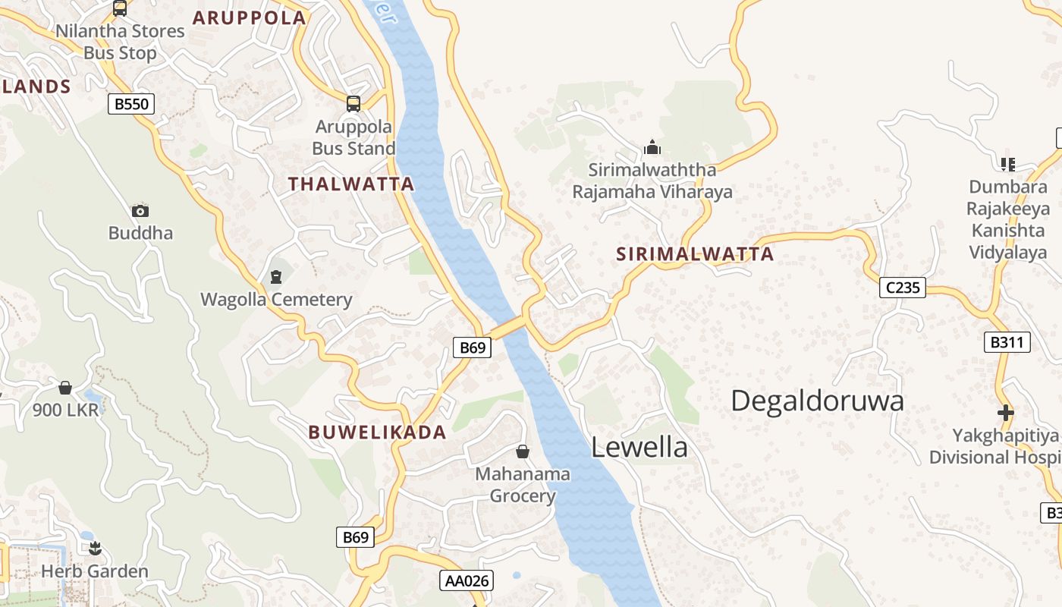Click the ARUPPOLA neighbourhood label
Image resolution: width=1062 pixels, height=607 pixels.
(250, 17)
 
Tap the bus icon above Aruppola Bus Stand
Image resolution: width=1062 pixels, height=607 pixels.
(353, 104)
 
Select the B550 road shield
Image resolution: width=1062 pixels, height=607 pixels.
(131, 104)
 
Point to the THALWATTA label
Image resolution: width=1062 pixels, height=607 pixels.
(351, 184)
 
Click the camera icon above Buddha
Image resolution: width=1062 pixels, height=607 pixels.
(140, 211)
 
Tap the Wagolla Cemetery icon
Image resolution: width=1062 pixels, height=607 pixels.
(276, 276)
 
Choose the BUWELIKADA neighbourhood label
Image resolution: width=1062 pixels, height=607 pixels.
(377, 432)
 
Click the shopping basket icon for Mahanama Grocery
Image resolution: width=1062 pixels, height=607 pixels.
(523, 452)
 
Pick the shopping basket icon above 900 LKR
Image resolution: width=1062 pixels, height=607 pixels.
(65, 388)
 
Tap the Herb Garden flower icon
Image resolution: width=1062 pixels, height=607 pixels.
(95, 548)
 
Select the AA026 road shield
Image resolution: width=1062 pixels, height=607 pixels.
(467, 581)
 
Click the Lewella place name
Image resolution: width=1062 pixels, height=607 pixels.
(639, 448)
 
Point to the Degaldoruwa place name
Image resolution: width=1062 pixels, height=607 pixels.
(818, 401)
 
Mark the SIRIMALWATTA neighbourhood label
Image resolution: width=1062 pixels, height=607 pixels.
(695, 254)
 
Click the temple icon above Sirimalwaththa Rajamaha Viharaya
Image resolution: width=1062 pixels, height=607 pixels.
(652, 147)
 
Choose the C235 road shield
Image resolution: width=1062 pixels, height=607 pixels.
(903, 288)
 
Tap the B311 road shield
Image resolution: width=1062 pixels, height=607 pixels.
(1007, 342)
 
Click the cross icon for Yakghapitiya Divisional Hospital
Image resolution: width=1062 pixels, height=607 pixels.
(1006, 414)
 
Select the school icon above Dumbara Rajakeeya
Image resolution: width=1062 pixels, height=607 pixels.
(1008, 164)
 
